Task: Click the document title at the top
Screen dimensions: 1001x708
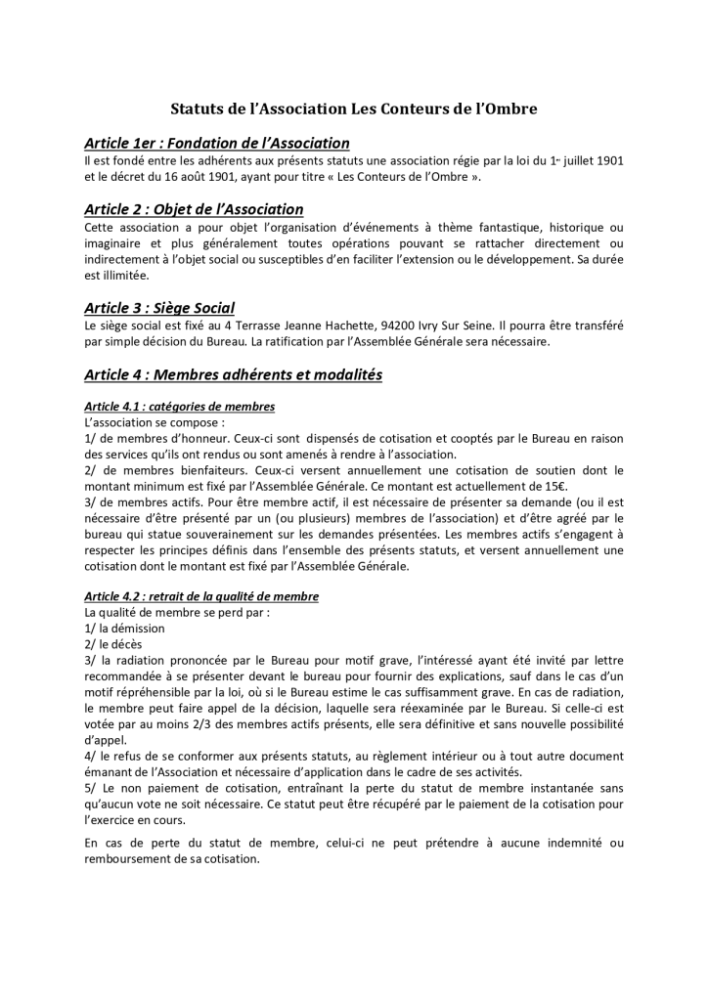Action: click(x=354, y=109)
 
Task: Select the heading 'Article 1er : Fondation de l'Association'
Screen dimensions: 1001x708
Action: click(x=217, y=143)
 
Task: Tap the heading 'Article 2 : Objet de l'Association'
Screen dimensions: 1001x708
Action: click(x=194, y=209)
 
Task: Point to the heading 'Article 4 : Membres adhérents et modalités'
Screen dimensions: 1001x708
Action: click(x=234, y=373)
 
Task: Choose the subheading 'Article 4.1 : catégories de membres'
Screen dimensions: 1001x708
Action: click(x=180, y=406)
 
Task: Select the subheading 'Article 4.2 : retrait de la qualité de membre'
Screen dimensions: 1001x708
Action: click(x=201, y=596)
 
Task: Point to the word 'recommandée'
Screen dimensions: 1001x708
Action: click(x=125, y=678)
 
